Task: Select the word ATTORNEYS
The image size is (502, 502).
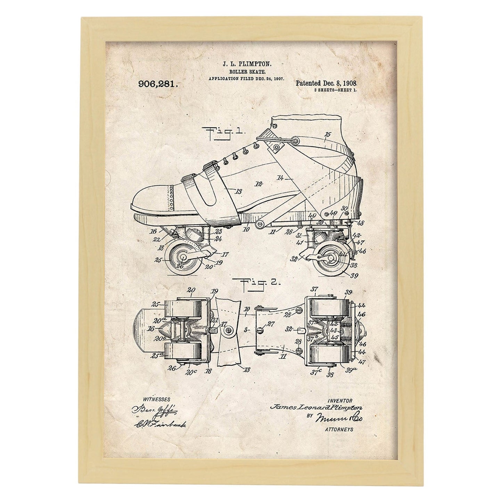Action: click(339, 429)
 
